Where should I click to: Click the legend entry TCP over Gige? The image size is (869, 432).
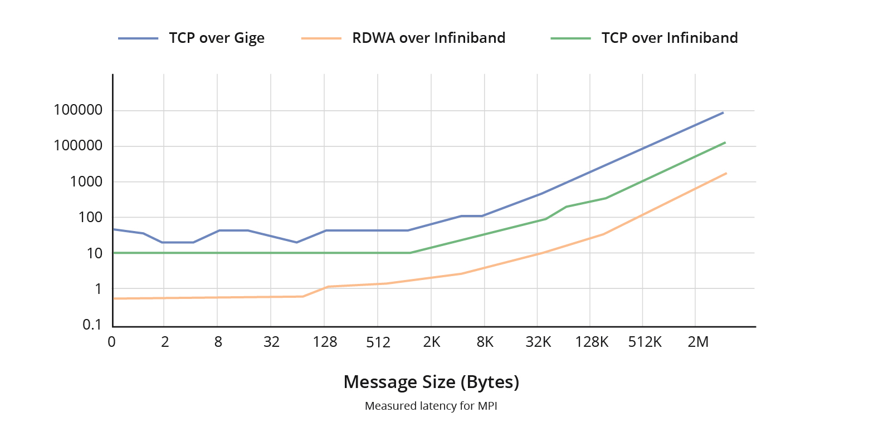coord(217,38)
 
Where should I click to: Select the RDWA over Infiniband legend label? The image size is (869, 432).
coord(428,38)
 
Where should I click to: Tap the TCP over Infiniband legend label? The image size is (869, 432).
coord(669,38)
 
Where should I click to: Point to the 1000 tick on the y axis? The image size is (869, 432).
coord(89,182)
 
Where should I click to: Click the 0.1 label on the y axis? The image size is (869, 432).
coord(92,325)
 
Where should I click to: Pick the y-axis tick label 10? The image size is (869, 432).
coord(95,253)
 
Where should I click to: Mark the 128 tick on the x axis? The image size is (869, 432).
coord(325,342)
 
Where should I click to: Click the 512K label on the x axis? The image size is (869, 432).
coord(645,342)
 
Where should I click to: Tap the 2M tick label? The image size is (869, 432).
coord(697,342)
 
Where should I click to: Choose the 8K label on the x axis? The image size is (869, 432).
coord(485,342)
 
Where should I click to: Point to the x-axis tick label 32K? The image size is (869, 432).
coord(538,342)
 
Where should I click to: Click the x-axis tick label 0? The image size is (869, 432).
coord(112,342)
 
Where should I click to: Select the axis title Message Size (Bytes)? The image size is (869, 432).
coord(431,382)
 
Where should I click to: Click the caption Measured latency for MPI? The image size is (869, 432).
coord(431,406)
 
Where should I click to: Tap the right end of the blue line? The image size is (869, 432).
coord(723,112)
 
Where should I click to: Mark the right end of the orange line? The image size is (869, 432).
coord(726,173)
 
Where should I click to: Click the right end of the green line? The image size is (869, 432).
coord(725,143)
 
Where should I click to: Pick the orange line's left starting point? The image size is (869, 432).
coord(113,298)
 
